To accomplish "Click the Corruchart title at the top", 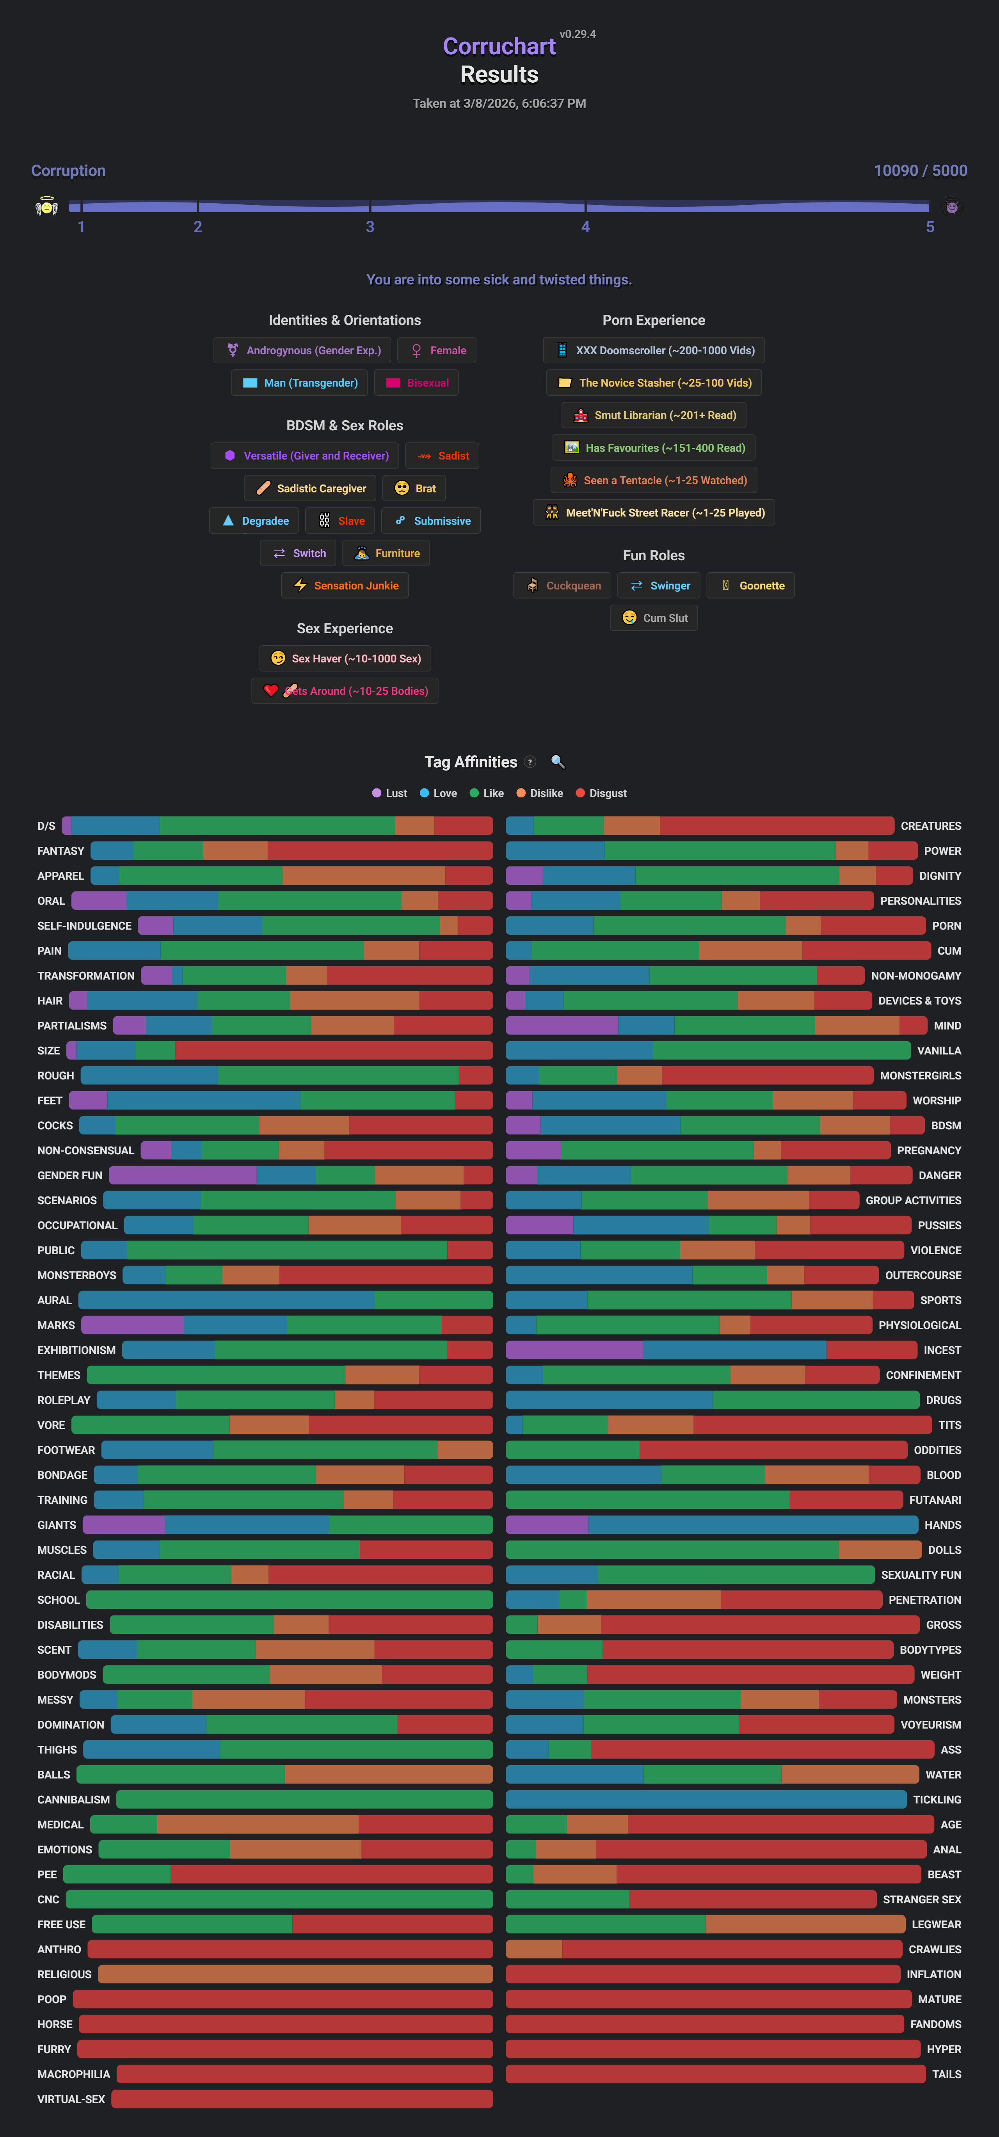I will click(499, 46).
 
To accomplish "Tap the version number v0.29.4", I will click(578, 34).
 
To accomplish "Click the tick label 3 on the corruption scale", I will click(370, 227).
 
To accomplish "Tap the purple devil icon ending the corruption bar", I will click(952, 208).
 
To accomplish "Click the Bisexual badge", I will click(416, 382).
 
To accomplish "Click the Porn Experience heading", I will click(653, 320).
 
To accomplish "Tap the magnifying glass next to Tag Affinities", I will click(558, 761).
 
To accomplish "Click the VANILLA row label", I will click(939, 1050).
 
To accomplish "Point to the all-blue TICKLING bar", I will click(705, 1799).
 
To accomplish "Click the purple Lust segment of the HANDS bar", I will click(546, 1525).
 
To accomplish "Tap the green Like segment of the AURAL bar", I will click(433, 1300).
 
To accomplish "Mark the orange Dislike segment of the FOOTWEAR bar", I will click(465, 1450).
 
